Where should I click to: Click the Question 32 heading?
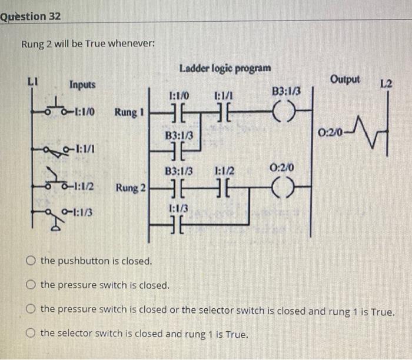31,16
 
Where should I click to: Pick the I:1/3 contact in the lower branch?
178,223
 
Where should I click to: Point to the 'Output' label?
345,79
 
